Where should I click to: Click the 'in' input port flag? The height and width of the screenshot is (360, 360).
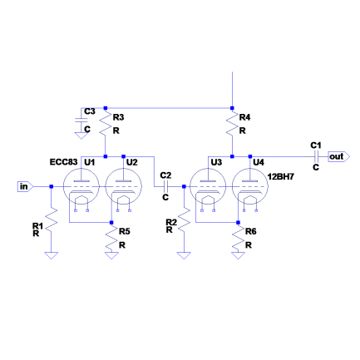pos(26,187)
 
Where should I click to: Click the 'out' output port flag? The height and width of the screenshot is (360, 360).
pos(338,156)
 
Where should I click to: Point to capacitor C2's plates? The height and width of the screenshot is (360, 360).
pos(165,186)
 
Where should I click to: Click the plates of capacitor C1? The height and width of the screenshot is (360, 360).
pos(316,156)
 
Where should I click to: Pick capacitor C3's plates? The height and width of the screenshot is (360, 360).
pos(81,121)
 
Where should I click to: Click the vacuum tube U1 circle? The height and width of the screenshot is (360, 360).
pos(81,186)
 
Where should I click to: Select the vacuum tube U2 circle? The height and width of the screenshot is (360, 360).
pos(124,186)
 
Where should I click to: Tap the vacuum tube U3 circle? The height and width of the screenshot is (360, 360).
pos(208,186)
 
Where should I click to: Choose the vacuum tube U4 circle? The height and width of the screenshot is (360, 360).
pos(250,186)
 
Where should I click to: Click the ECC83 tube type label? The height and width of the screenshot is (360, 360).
pos(63,162)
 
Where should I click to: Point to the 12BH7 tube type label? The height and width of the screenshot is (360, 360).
pos(280,176)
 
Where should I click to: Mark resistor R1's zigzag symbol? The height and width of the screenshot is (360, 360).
pos(52,221)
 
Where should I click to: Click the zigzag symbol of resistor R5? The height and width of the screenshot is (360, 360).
pos(111,238)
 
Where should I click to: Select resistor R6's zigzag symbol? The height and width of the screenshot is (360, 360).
pos(238,238)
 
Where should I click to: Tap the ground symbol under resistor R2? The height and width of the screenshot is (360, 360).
pos(184,255)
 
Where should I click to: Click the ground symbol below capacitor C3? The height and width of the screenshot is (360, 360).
pos(81,136)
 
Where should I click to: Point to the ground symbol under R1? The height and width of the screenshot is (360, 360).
pos(52,255)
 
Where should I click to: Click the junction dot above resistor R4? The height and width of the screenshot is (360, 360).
pos(232,108)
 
